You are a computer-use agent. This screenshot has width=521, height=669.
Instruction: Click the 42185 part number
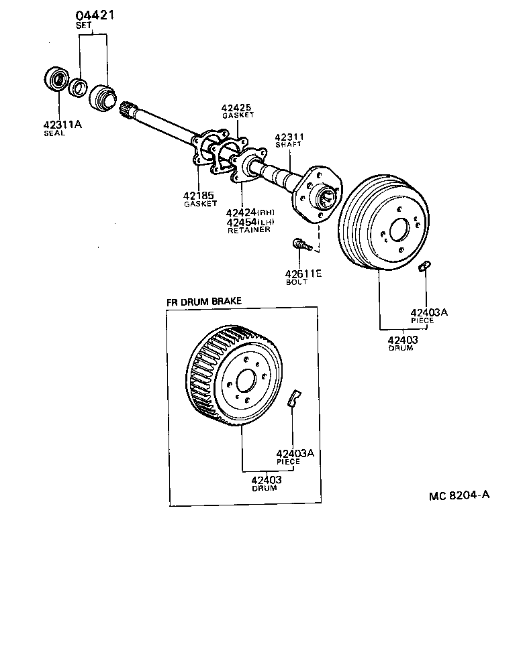tap(199, 195)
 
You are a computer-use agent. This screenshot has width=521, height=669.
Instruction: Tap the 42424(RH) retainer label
tap(250, 212)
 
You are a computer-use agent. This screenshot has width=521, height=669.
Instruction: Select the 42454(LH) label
tap(250, 222)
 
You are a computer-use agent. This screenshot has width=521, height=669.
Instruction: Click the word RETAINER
tap(248, 230)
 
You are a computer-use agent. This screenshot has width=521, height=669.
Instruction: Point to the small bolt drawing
tap(301, 245)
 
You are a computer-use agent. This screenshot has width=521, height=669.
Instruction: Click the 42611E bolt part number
tap(304, 273)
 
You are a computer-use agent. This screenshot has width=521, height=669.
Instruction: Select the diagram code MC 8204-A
tap(459, 496)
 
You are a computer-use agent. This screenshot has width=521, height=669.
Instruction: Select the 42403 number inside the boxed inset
tap(266, 479)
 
